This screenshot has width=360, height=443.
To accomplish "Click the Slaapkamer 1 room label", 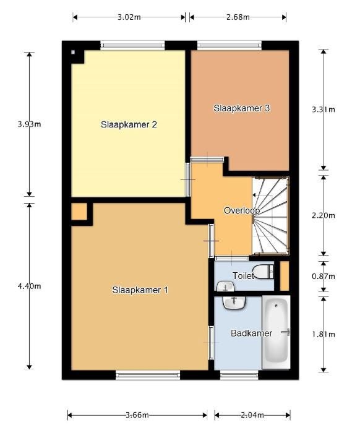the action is pos(140,290).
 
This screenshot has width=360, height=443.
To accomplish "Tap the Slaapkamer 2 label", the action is pos(129,124).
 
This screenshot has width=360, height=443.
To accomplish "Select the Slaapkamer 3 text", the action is pos(242,108).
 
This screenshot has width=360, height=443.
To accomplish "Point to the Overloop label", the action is pos(242,210).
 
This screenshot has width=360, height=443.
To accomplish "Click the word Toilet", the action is pos(243,275).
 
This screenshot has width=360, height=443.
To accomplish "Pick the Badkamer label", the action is pos(252,333).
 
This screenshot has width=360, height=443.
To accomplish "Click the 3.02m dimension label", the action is pos(129,17).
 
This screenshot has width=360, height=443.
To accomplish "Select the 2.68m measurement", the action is pos(238,17).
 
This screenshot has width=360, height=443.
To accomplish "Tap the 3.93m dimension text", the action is pos(29,124).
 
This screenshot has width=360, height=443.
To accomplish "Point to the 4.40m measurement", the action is pos(29,286).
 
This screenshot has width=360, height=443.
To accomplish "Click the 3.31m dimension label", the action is pos(324,110).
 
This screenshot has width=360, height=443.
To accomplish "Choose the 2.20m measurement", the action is pos(324,215).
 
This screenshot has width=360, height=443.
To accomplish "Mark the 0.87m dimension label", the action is pos(324,276).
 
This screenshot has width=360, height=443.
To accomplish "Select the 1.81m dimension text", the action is pos(324,335).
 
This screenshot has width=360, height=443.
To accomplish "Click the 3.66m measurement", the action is pos(137,415).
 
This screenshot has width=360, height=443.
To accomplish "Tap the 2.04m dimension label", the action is pos(252,415).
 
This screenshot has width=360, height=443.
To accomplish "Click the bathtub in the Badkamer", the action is pos(276,332).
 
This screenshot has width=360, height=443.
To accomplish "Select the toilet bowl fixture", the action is pos(263,272).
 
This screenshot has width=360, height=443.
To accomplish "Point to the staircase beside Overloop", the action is pos(270,216).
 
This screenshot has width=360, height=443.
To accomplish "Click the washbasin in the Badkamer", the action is pos(234,303).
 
